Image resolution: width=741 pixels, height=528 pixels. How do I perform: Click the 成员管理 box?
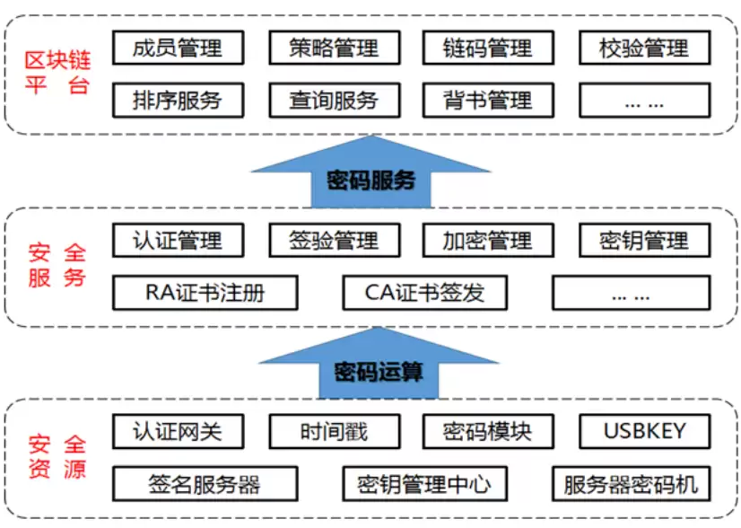pyautogui.click(x=178, y=48)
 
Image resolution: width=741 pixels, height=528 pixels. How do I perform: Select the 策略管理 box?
pyautogui.click(x=334, y=48)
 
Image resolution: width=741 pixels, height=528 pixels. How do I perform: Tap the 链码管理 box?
pyautogui.click(x=488, y=48)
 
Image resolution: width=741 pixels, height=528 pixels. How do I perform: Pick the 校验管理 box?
pyautogui.click(x=643, y=48)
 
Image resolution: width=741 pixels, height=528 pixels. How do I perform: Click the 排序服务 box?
pyautogui.click(x=178, y=100)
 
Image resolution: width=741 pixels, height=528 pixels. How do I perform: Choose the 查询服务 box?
pyautogui.click(x=334, y=100)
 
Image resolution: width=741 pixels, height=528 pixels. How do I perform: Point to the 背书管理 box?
pyautogui.click(x=488, y=100)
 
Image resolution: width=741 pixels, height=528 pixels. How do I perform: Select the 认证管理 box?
pyautogui.click(x=178, y=241)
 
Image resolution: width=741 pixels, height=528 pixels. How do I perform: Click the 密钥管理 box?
pyautogui.click(x=643, y=241)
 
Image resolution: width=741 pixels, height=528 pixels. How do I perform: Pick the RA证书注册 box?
pyautogui.click(x=205, y=293)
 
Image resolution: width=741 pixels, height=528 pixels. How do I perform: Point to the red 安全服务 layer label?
pyautogui.click(x=57, y=267)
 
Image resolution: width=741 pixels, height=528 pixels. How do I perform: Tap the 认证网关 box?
pyautogui.click(x=178, y=432)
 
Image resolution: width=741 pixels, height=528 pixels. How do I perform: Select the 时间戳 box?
pyautogui.click(x=334, y=432)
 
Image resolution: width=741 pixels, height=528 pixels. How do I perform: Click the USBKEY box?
pyautogui.click(x=643, y=432)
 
